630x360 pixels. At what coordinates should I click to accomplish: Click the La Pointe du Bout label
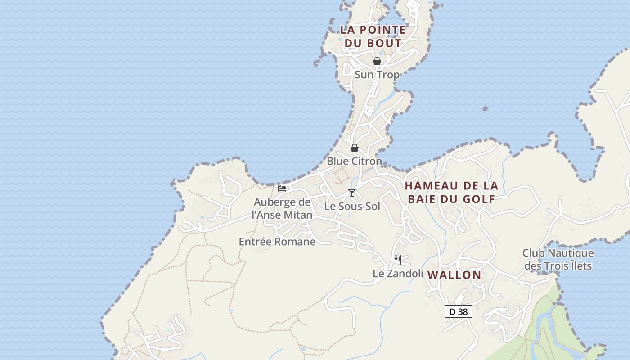click(373, 36)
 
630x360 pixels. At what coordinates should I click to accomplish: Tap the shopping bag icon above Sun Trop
click(377, 61)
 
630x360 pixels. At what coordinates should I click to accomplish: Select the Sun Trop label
click(377, 75)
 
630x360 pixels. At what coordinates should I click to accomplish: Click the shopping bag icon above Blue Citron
click(355, 148)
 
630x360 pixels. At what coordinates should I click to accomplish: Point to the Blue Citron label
click(354, 161)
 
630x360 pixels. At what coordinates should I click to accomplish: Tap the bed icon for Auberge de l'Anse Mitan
click(282, 188)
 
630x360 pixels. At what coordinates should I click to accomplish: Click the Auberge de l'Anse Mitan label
click(282, 208)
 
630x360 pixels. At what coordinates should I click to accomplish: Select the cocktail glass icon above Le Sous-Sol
click(352, 193)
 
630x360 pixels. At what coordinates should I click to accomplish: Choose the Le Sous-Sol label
click(352, 207)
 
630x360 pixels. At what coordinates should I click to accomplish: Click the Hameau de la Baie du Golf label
click(451, 192)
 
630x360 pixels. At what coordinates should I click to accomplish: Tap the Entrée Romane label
click(277, 242)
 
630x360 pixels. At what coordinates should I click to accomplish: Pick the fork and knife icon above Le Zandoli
click(398, 260)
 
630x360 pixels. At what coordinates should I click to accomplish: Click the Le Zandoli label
click(398, 273)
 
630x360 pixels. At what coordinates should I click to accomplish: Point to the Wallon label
click(454, 274)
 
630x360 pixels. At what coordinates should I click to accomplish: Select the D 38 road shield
click(459, 311)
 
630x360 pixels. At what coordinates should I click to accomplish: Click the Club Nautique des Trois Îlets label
click(558, 260)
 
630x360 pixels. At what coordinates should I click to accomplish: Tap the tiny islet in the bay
click(485, 108)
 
